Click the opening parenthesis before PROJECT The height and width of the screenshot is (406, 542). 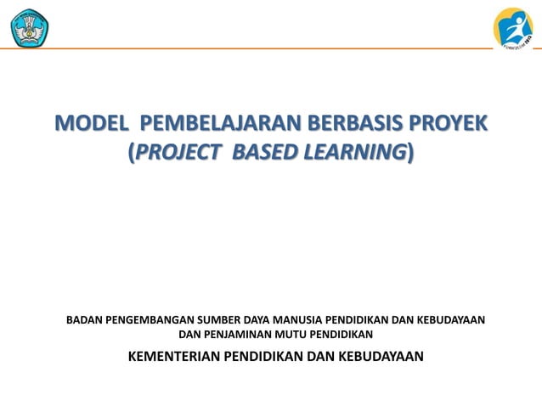pyautogui.click(x=131, y=154)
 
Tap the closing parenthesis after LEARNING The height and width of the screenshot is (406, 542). pyautogui.click(x=412, y=154)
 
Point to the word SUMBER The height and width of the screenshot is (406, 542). pyautogui.click(x=219, y=320)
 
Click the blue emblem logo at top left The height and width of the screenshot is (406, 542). pyautogui.click(x=30, y=28)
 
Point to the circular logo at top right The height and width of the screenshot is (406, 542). pyautogui.click(x=513, y=28)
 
